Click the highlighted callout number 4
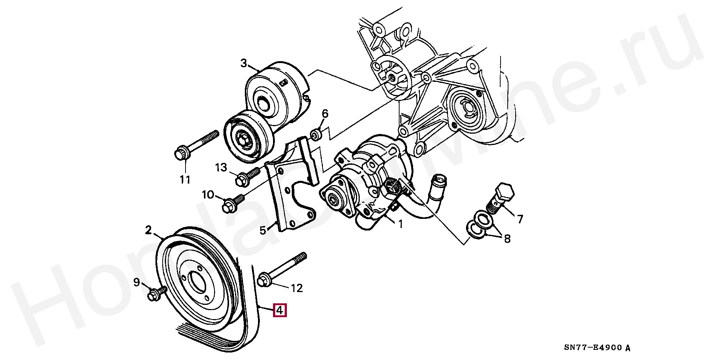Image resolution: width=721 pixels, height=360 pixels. pyautogui.click(x=280, y=310)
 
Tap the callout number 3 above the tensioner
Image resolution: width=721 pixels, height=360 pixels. pyautogui.click(x=244, y=63)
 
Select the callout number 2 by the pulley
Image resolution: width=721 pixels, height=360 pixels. pyautogui.click(x=149, y=230)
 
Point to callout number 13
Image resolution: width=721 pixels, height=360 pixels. pyautogui.click(x=221, y=167)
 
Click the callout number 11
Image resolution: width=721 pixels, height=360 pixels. pyautogui.click(x=184, y=180)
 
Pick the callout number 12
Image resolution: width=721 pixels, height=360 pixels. pyautogui.click(x=297, y=288)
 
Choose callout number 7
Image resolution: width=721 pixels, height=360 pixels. pyautogui.click(x=520, y=219)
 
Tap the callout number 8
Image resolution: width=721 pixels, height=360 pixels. pyautogui.click(x=507, y=239)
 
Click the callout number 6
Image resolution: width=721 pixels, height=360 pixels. pyautogui.click(x=325, y=113)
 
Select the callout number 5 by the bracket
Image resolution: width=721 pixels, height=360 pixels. pyautogui.click(x=263, y=230)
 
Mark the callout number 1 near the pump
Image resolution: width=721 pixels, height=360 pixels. pyautogui.click(x=400, y=224)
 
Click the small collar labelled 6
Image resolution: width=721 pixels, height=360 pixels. pyautogui.click(x=316, y=134)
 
